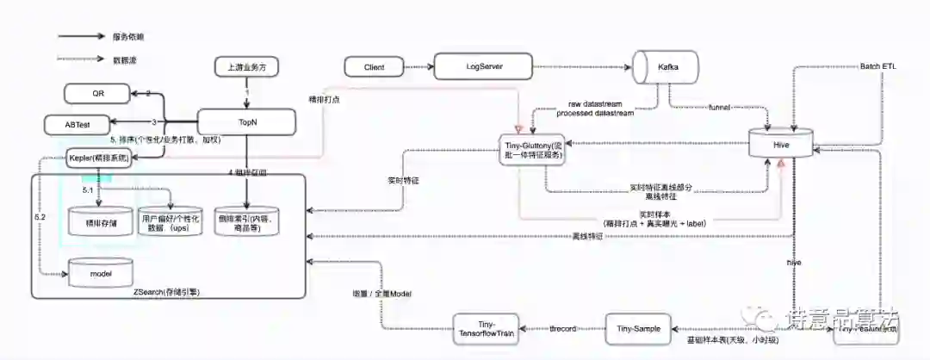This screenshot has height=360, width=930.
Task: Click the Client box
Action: [x=375, y=66]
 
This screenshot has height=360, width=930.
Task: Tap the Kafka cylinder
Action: [x=666, y=67]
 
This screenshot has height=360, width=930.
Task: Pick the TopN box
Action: [x=247, y=121]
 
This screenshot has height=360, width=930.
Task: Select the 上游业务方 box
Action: [x=247, y=67]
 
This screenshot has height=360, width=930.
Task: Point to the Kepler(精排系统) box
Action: [x=102, y=158]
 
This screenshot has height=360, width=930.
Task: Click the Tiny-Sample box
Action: [x=639, y=327]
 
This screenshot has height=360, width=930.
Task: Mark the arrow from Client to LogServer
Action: [x=418, y=66]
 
